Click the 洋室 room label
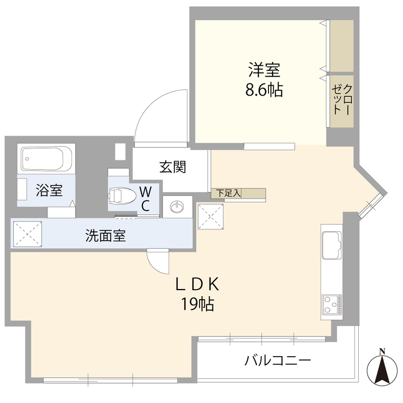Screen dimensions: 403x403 point(264,70)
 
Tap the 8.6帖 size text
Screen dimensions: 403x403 point(264,90)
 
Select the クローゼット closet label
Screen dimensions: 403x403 point(342,99)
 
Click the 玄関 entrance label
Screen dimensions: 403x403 point(172,167)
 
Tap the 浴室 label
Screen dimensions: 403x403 point(49,190)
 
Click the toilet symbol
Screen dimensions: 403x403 point(122,196)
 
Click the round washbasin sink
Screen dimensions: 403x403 point(177,207)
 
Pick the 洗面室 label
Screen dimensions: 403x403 point(106,235)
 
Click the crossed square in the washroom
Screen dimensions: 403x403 point(28,234)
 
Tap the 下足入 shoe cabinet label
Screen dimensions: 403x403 point(228,193)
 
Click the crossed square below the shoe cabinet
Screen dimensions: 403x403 point(211,217)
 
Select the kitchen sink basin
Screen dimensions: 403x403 point(331,245)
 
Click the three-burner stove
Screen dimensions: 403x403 point(332,304)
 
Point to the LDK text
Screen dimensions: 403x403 point(197,284)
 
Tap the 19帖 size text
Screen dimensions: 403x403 point(197,304)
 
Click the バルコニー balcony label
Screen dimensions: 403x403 point(278,360)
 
